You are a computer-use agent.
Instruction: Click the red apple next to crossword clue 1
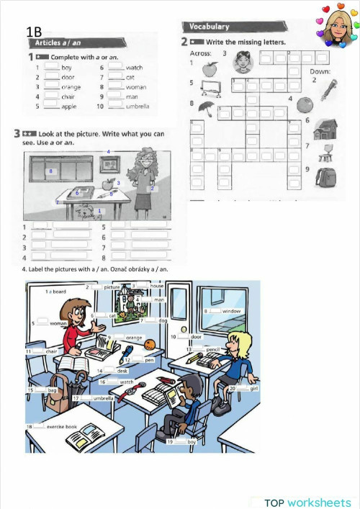pos(210,68)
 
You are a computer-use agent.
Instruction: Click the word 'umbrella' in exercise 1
pos(137,107)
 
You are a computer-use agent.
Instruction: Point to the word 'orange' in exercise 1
pos(71,86)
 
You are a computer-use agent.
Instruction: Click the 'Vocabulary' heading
pos(210,27)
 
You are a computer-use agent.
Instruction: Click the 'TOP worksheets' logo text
pos(307,502)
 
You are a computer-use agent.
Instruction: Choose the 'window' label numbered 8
pos(231,311)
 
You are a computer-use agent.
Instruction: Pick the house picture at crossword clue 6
pos(325,130)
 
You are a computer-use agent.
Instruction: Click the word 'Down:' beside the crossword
pos(320,71)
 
